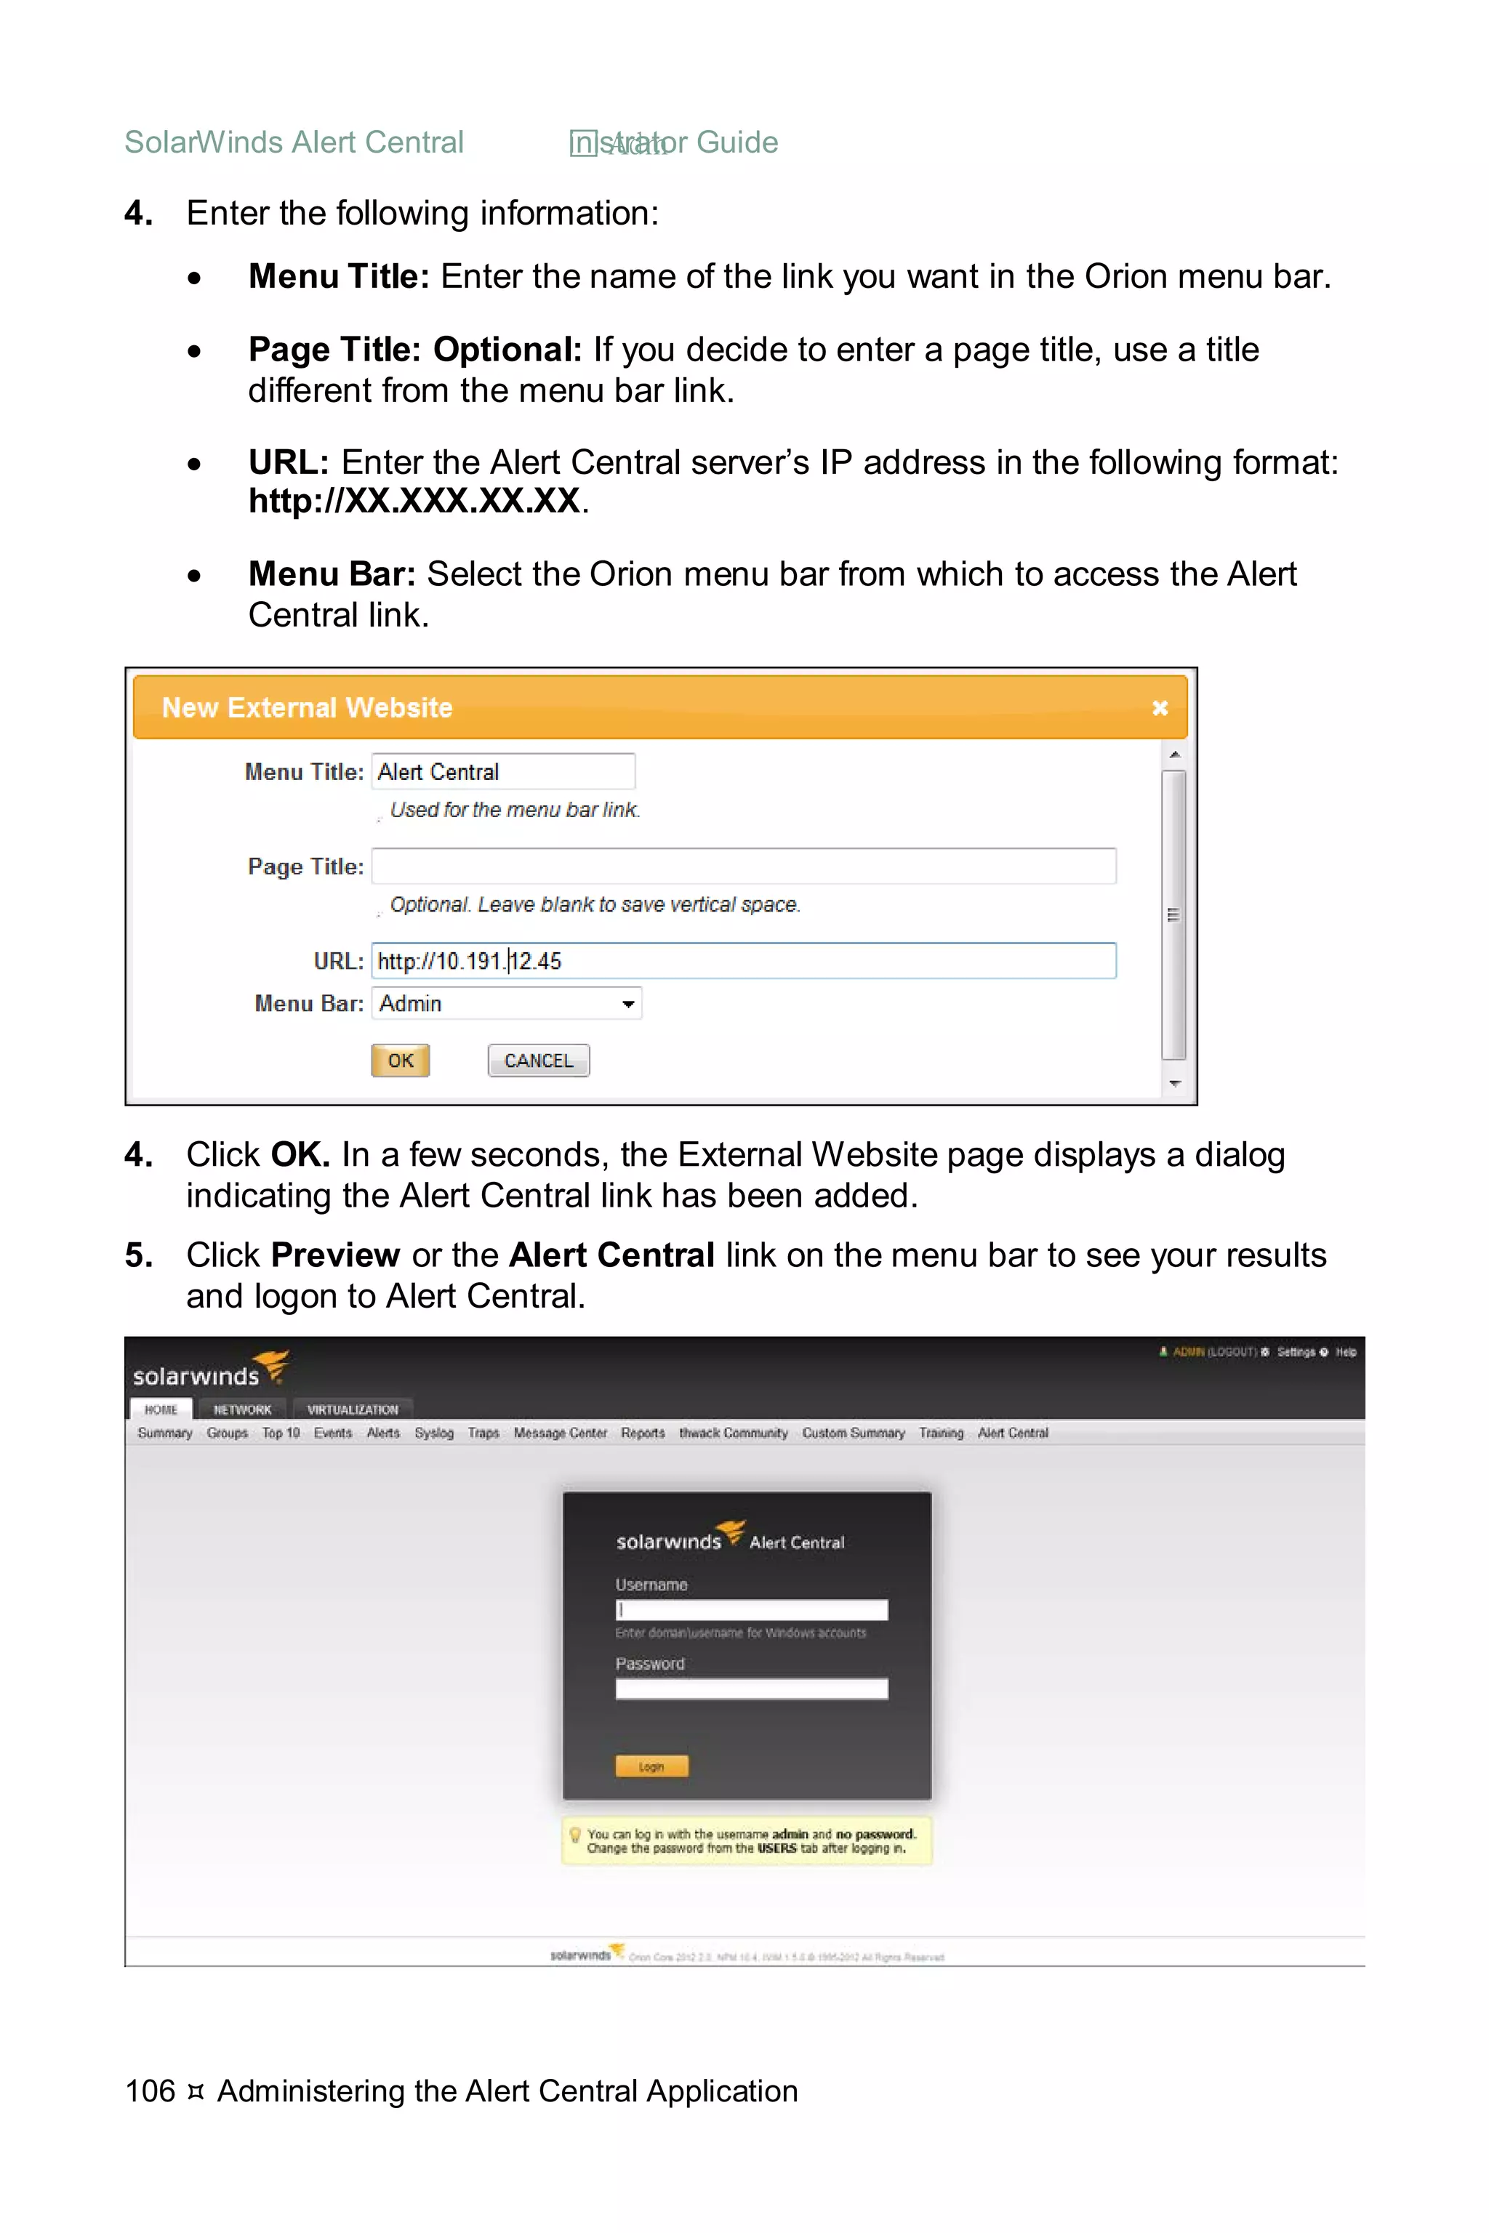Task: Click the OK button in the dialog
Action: (x=400, y=1061)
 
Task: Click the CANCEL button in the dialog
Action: (x=539, y=1061)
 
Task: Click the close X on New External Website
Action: (x=1160, y=708)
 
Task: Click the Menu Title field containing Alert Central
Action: (x=502, y=772)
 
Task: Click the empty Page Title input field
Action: (x=744, y=866)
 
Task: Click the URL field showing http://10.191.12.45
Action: (x=744, y=961)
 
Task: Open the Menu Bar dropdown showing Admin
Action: (x=506, y=1004)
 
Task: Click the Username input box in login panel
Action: (x=751, y=1609)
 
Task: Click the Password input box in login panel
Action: (x=751, y=1688)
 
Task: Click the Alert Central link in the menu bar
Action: (x=1012, y=1433)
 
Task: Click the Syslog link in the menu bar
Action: (x=434, y=1433)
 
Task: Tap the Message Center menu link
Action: (x=559, y=1433)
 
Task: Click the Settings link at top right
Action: (x=1296, y=1352)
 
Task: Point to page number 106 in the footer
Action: (x=150, y=2091)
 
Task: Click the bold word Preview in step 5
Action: (x=335, y=1255)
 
